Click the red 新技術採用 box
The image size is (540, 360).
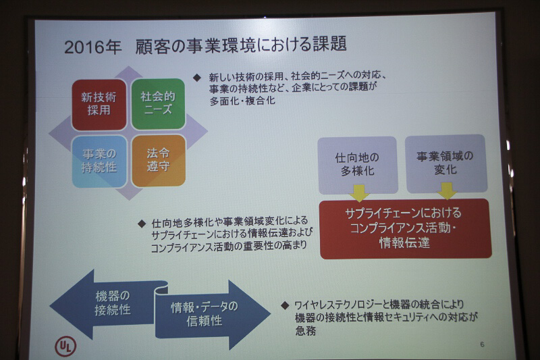99,104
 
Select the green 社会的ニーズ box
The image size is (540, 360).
157,104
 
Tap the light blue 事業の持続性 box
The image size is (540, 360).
99,161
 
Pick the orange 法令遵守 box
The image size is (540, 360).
158,161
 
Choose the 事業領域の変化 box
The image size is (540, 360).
446,163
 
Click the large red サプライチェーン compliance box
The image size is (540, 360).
404,228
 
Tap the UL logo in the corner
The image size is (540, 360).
65,346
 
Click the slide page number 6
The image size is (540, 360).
481,344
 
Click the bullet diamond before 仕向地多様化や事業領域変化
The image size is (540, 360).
142,222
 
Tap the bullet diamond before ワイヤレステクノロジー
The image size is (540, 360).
285,305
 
